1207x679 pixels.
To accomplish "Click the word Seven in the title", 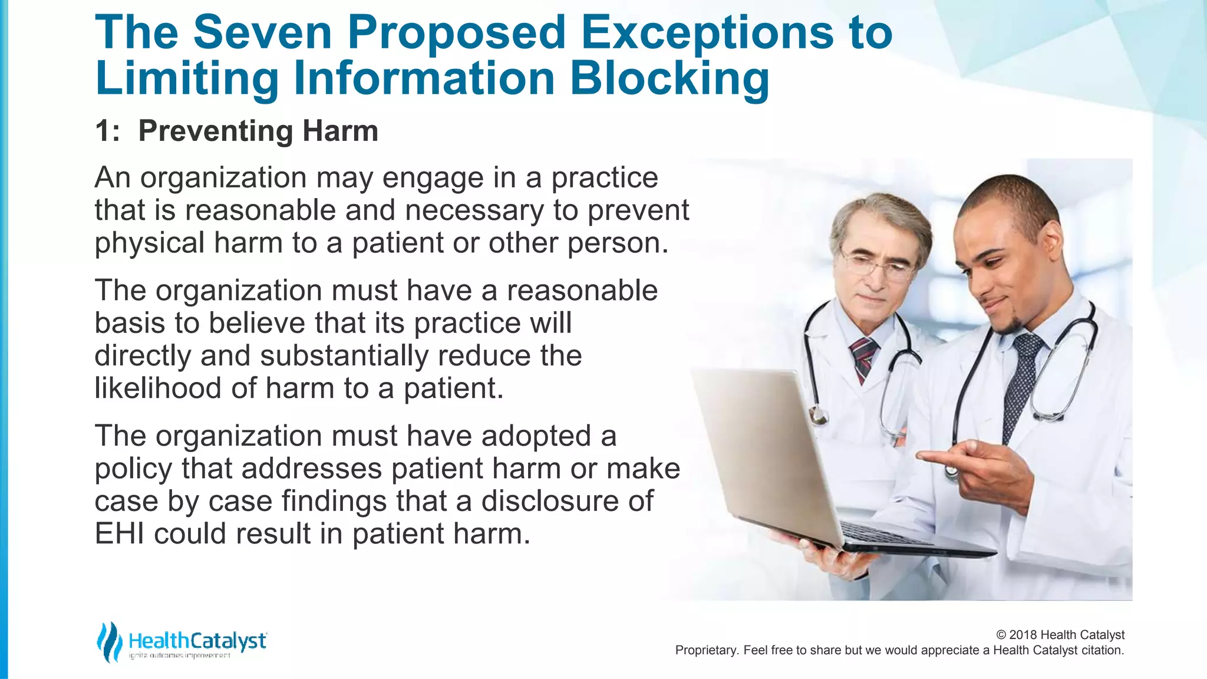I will click(x=262, y=32).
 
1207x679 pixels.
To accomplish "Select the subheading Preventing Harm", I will click(x=258, y=131).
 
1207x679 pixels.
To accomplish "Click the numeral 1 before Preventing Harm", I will click(x=103, y=131).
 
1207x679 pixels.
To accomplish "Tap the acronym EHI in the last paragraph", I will click(x=119, y=534).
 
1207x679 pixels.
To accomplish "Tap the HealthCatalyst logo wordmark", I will click(x=197, y=641).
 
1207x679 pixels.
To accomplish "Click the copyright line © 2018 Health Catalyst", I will click(x=1060, y=635).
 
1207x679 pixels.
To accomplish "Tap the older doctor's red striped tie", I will click(x=863, y=357).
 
